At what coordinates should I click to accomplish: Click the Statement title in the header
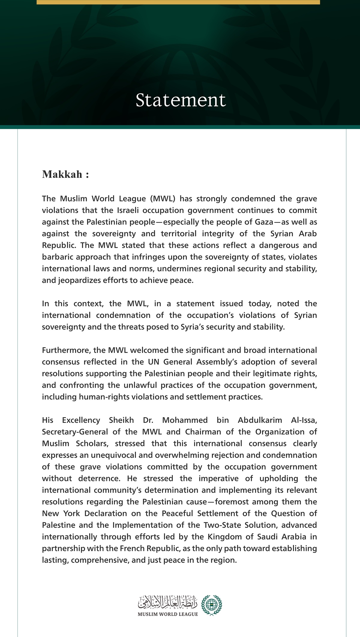[180, 100]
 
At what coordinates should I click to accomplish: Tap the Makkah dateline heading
[65, 174]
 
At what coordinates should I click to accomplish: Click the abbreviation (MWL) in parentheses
[162, 199]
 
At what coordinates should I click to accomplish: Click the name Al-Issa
[304, 420]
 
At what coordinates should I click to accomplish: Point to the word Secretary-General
[75, 432]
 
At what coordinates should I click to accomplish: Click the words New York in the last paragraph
[61, 513]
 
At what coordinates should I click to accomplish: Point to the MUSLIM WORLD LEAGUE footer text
[168, 614]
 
